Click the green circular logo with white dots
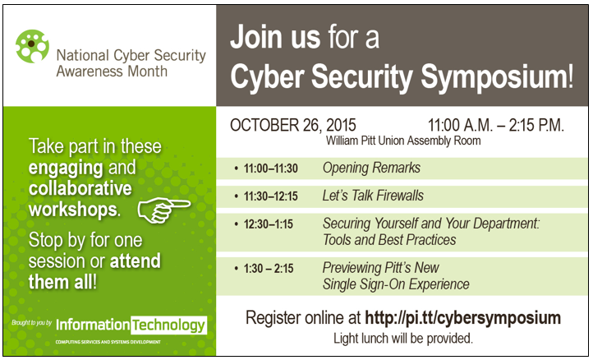tap(32, 46)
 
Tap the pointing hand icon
tap(163, 210)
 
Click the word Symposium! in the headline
tap(497, 76)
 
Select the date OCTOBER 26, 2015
tap(292, 125)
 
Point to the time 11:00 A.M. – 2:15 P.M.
tap(495, 125)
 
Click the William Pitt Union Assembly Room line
tap(403, 141)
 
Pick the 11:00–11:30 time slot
tap(270, 168)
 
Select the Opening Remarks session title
tap(371, 168)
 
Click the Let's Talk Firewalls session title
tap(373, 196)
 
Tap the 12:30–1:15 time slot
tap(268, 224)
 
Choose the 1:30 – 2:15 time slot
tap(269, 269)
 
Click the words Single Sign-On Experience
tap(396, 284)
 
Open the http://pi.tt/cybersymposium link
tap(462, 318)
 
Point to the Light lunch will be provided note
tap(403, 338)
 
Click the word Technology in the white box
tap(168, 325)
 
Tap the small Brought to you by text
tap(32, 323)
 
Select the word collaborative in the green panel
tap(80, 188)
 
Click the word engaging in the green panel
tap(66, 168)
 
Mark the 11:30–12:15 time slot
tap(270, 196)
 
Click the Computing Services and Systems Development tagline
tap(108, 342)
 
